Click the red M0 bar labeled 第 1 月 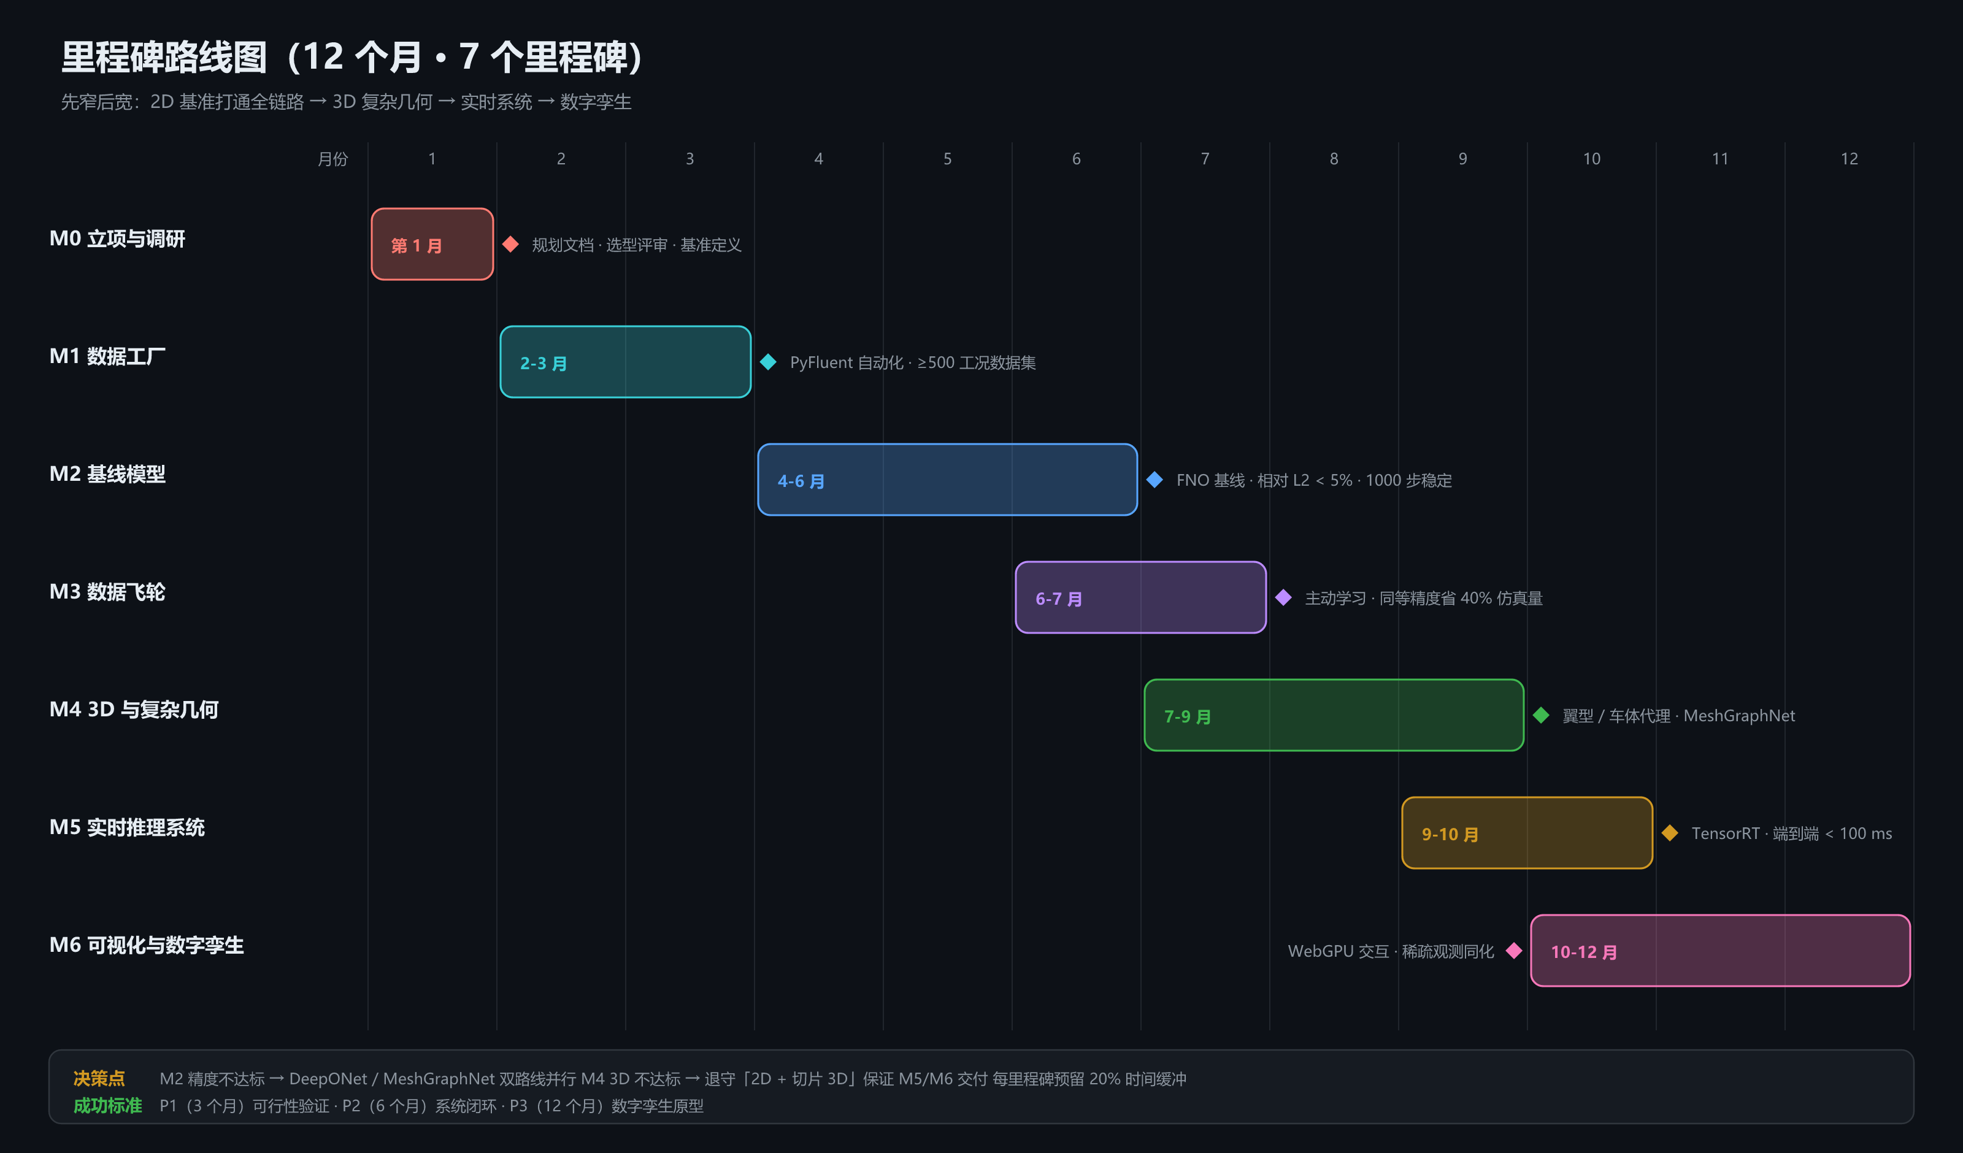pyautogui.click(x=432, y=244)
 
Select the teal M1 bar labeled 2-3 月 pyautogui.click(x=626, y=361)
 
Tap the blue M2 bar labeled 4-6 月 pyautogui.click(x=947, y=480)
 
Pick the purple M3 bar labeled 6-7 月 pyautogui.click(x=1140, y=597)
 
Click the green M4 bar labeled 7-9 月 pyautogui.click(x=1334, y=715)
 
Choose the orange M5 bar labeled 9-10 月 pyautogui.click(x=1527, y=833)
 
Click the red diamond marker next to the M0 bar pyautogui.click(x=510, y=244)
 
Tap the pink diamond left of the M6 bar pyautogui.click(x=1513, y=951)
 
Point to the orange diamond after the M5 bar pyautogui.click(x=1669, y=833)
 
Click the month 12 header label pyautogui.click(x=1848, y=159)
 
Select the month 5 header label pyautogui.click(x=947, y=159)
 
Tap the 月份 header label pyautogui.click(x=332, y=159)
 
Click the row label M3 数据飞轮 pyautogui.click(x=107, y=592)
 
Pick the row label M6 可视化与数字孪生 pyautogui.click(x=147, y=945)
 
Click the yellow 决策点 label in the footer pyautogui.click(x=99, y=1078)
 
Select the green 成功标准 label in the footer pyautogui.click(x=107, y=1106)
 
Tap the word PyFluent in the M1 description pyautogui.click(x=821, y=363)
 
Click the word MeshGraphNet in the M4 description pyautogui.click(x=1738, y=716)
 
